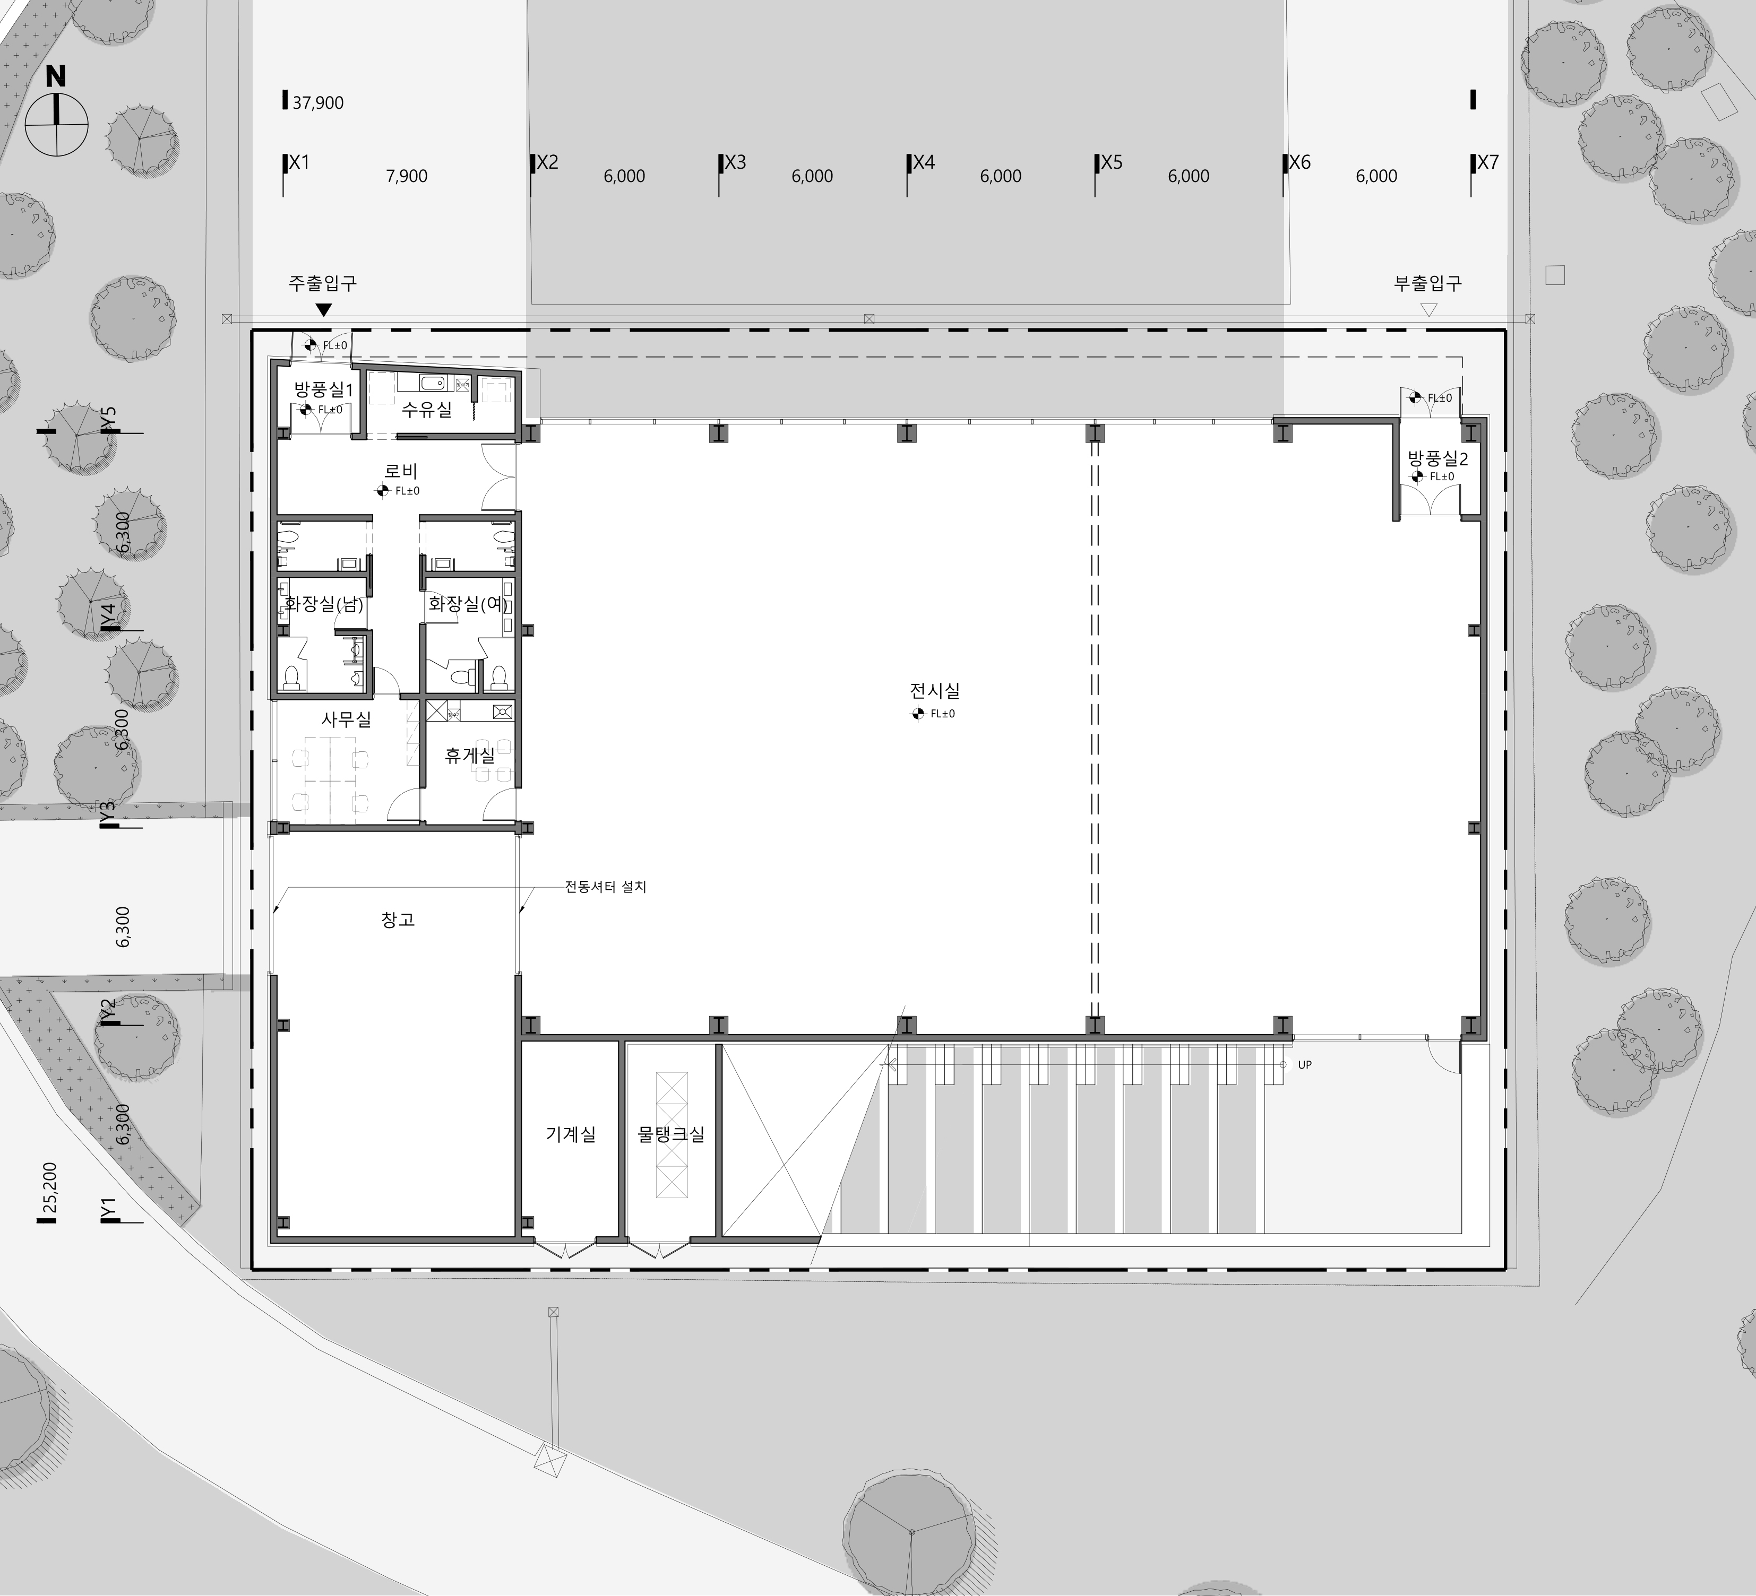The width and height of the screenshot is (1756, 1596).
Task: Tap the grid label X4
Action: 924,162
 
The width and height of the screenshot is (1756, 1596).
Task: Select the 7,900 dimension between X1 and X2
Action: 407,176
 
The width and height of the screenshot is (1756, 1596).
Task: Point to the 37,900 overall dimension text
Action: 318,103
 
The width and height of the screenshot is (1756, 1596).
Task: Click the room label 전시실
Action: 935,690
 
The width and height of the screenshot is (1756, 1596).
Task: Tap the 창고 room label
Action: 398,920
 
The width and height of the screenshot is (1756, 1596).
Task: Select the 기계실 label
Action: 571,1134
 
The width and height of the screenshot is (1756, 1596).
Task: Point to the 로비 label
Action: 401,471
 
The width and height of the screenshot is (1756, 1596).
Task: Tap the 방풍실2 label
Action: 1438,459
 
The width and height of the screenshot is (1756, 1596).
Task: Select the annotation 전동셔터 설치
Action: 605,887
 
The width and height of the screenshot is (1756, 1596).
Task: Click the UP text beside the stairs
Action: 1305,1065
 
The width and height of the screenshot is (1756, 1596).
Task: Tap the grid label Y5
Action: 108,418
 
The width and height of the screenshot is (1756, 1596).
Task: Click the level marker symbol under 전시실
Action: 917,714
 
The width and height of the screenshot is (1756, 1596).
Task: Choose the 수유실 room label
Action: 427,409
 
